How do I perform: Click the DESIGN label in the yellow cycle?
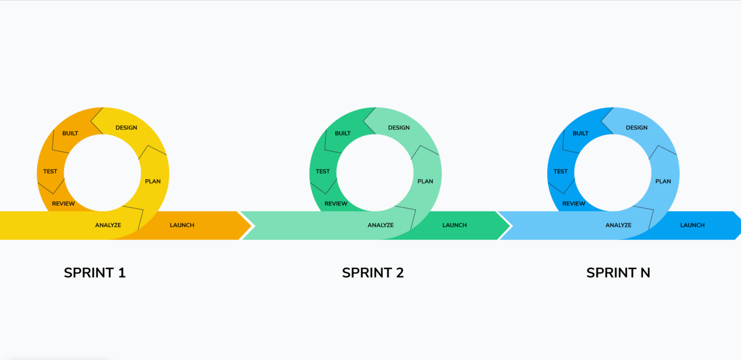pos(126,128)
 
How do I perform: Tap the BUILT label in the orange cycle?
pos(70,133)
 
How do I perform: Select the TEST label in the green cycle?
pos(323,171)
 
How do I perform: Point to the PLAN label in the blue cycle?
pos(663,181)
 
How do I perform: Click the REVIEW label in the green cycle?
pos(336,204)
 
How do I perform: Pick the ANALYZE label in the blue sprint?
pos(618,225)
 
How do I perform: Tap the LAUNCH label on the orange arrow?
pos(182,225)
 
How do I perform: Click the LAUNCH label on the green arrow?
pos(454,225)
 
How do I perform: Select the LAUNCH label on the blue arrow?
pos(692,225)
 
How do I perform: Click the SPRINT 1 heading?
pos(95,273)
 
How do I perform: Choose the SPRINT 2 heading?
pos(372,273)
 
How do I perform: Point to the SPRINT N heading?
pos(618,273)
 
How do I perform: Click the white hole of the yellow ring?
pos(102,173)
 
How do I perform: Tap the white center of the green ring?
pos(375,173)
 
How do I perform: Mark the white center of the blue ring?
pos(613,173)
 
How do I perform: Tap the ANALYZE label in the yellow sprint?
pos(108,225)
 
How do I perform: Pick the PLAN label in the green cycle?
pos(425,181)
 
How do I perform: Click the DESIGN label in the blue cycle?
pos(637,128)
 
